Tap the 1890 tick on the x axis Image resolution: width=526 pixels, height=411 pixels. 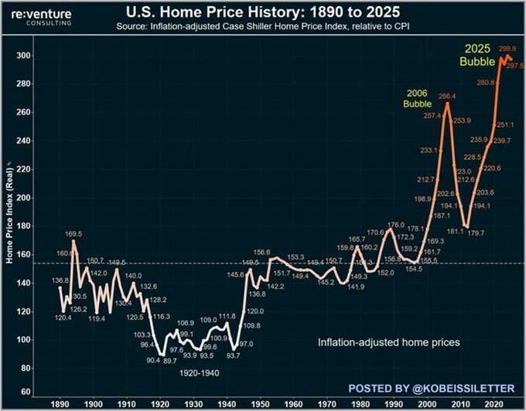pos(60,403)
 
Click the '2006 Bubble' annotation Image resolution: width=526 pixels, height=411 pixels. pos(418,99)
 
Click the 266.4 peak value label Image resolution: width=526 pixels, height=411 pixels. pos(447,97)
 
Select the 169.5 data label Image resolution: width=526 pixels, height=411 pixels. pos(74,233)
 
